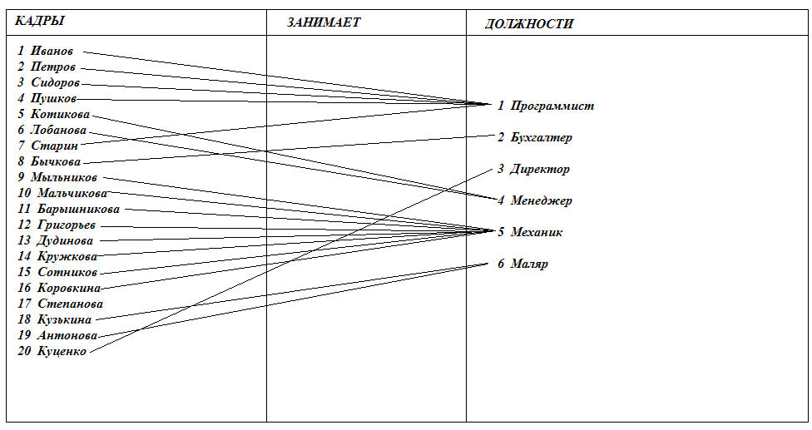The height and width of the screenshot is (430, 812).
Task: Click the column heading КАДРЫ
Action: point(40,21)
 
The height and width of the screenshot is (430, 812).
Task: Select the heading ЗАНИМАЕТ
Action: point(324,22)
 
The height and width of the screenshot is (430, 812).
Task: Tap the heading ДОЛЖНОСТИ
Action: point(529,24)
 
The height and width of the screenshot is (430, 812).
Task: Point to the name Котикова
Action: point(60,114)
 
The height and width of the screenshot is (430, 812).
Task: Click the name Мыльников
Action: point(63,177)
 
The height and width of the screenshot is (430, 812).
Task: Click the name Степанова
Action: point(70,304)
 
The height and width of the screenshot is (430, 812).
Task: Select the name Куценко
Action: point(62,351)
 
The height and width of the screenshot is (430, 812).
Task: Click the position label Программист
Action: point(552,106)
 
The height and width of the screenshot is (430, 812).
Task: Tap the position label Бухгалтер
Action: point(541,137)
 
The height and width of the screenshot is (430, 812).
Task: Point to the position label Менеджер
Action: point(541,200)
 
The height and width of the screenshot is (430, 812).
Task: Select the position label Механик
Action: point(536,232)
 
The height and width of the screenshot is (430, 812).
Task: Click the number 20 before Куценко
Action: point(24,351)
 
